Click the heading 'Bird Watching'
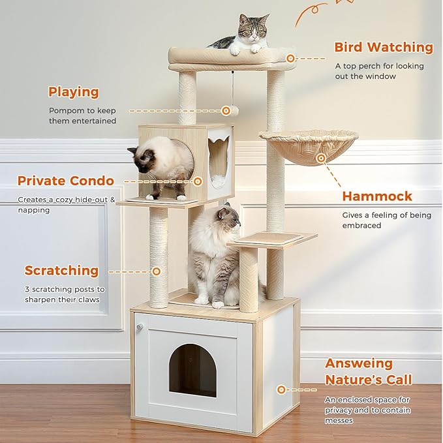(383, 47)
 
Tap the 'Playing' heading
(74, 92)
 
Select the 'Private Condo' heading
(65, 181)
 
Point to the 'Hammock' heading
(377, 196)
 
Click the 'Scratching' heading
(61, 270)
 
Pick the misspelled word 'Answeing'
(359, 363)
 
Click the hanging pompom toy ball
(226, 111)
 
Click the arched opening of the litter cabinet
(192, 370)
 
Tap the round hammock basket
(309, 146)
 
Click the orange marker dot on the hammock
(321, 158)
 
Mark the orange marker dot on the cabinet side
(281, 390)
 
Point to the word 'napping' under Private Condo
(34, 210)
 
